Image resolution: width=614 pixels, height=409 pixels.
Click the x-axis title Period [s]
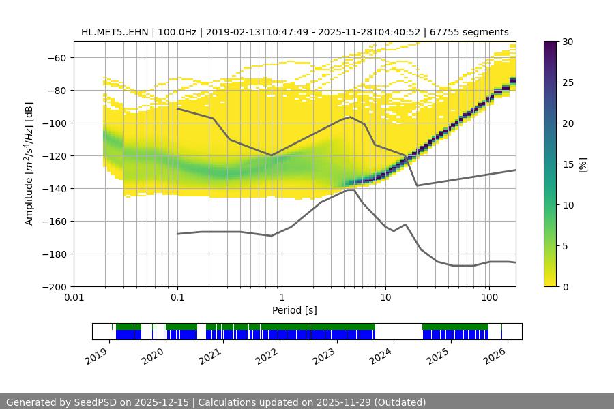click(294, 310)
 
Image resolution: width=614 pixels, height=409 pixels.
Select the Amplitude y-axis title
click(29, 164)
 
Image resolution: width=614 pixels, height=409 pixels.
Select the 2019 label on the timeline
click(97, 355)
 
